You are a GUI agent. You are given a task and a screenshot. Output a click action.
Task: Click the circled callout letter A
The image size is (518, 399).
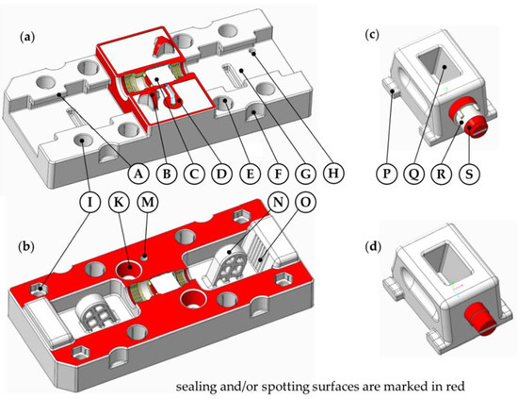pyautogui.click(x=138, y=173)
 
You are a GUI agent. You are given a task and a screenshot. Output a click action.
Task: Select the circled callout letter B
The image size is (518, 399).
pyautogui.click(x=167, y=173)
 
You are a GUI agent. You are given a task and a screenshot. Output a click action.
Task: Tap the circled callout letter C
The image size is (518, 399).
pyautogui.click(x=195, y=173)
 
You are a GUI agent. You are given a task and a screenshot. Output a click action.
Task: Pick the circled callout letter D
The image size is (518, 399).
pyautogui.click(x=223, y=173)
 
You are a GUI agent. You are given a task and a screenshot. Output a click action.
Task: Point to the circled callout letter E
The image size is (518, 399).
pyautogui.click(x=251, y=173)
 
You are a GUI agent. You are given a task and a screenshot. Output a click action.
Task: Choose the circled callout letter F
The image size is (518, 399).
pyautogui.click(x=280, y=173)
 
